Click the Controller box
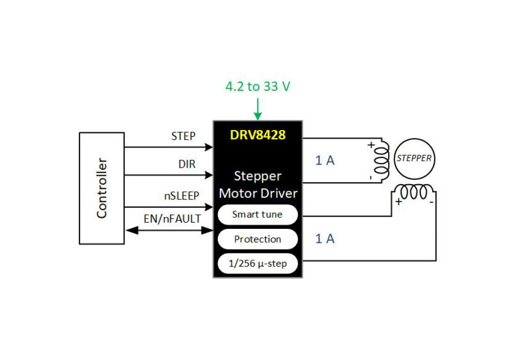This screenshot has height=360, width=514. (x=102, y=188)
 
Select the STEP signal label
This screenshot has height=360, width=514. (x=183, y=136)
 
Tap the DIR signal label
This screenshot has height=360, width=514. (x=187, y=164)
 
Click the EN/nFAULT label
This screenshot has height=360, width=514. (x=172, y=219)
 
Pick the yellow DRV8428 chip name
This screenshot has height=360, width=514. (x=258, y=135)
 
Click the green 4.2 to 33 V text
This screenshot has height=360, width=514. (x=258, y=86)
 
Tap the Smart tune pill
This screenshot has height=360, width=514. (x=258, y=214)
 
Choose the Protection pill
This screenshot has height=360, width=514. (x=258, y=239)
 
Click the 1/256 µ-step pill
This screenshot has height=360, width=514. (x=258, y=264)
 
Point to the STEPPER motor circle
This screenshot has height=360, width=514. (x=414, y=158)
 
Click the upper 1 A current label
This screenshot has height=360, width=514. (x=325, y=160)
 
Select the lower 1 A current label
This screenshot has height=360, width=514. (x=325, y=239)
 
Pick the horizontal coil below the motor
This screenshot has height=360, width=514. (x=414, y=192)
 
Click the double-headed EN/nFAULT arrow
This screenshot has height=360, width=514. (x=170, y=231)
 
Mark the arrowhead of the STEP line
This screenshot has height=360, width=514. (x=209, y=147)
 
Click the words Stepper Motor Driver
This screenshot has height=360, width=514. (x=258, y=185)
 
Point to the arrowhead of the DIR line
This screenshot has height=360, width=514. (x=209, y=175)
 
